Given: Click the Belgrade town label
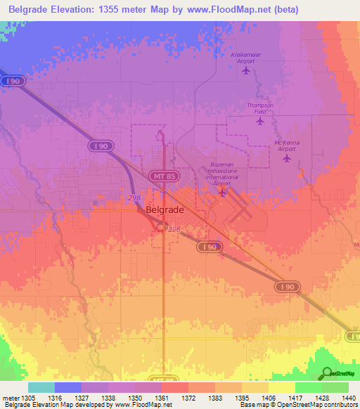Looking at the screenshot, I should [x=165, y=209].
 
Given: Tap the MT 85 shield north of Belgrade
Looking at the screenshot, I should [x=161, y=176].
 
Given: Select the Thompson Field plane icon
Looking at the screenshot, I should [x=260, y=122].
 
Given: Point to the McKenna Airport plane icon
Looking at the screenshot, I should [x=286, y=158].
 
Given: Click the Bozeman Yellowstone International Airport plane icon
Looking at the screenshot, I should [x=222, y=192].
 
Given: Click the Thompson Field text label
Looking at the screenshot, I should [x=259, y=108].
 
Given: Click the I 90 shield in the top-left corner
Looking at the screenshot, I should [x=15, y=82].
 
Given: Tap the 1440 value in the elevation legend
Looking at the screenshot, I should [x=340, y=398].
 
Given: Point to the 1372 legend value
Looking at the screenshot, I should [x=188, y=398].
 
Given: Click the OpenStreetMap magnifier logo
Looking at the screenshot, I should [x=326, y=373].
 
